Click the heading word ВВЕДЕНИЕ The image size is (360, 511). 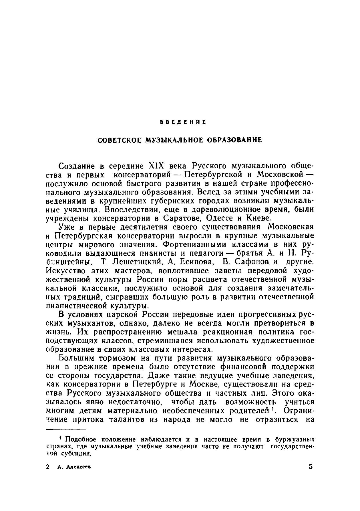[183, 122]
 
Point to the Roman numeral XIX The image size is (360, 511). [154, 166]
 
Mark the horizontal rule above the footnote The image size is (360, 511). [66, 429]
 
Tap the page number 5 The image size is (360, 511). [311, 467]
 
